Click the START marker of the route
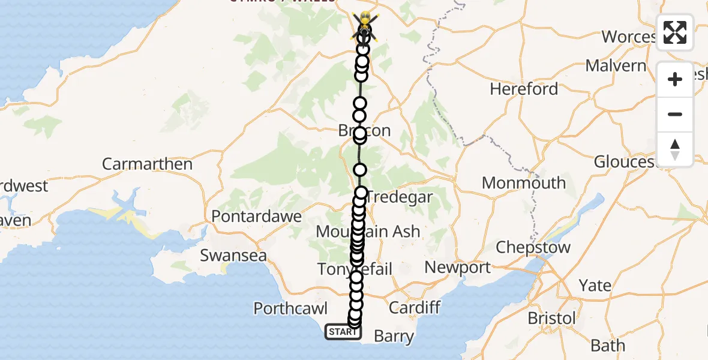click(343, 331)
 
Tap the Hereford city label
click(524, 89)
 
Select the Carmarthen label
click(147, 164)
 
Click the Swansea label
click(233, 255)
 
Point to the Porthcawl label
click(290, 309)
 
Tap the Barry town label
click(394, 337)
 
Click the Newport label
click(458, 268)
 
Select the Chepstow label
click(533, 247)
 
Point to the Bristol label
click(551, 317)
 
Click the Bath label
click(607, 346)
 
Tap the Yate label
click(595, 285)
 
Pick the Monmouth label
click(524, 183)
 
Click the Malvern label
click(616, 65)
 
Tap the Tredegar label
click(399, 197)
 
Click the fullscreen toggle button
click(675, 32)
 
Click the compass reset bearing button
click(675, 149)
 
